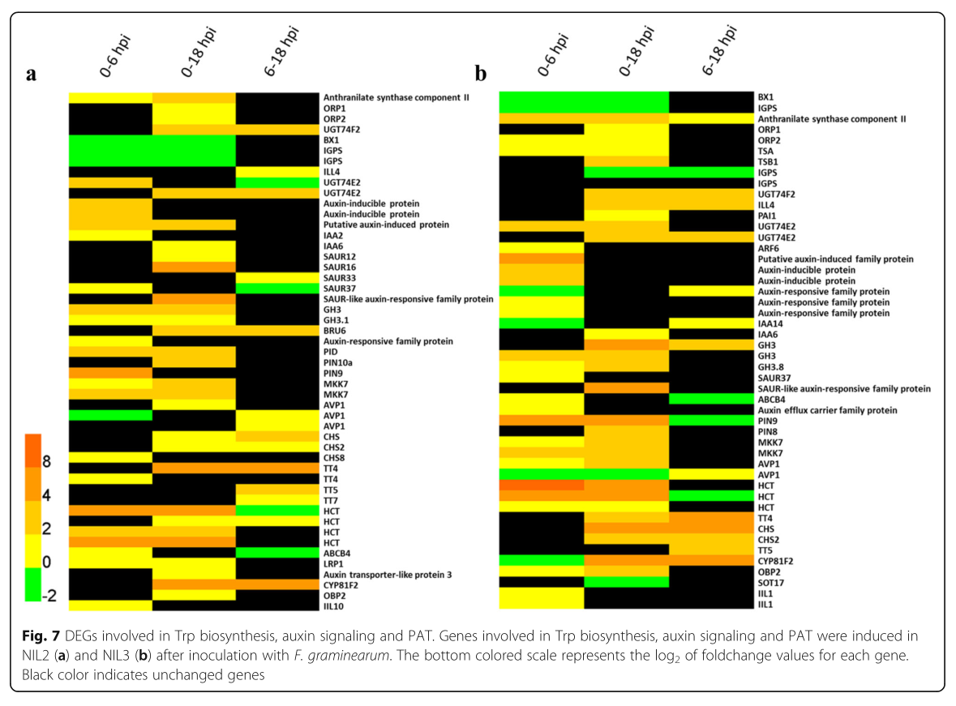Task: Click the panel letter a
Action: click(x=32, y=75)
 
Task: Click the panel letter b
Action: click(x=480, y=75)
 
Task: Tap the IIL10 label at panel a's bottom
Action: click(x=337, y=605)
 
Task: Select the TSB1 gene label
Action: click(x=768, y=161)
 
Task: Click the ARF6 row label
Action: click(x=768, y=248)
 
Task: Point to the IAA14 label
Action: click(x=771, y=323)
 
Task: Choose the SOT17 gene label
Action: click(x=772, y=583)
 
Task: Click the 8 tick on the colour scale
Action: click(x=47, y=462)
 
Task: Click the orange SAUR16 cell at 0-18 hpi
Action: click(x=194, y=267)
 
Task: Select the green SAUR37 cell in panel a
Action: click(x=276, y=289)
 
